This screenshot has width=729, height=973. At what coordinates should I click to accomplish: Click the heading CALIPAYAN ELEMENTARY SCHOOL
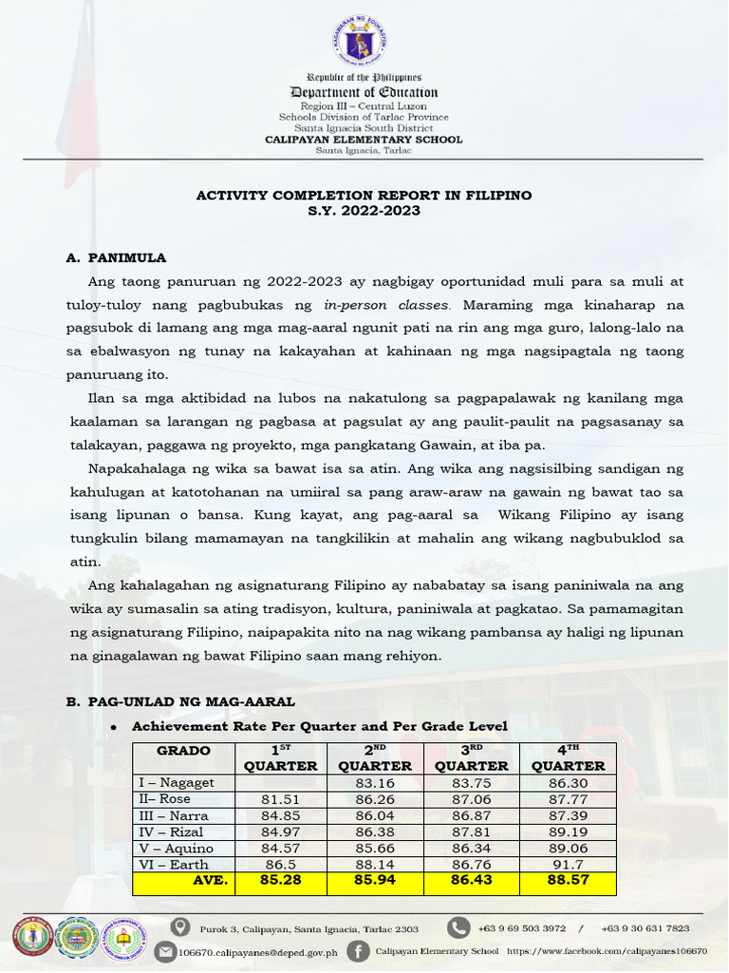pos(364,140)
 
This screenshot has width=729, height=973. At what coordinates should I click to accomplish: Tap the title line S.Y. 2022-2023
pos(364,211)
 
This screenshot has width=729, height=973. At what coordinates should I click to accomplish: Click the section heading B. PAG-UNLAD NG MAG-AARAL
pos(180,701)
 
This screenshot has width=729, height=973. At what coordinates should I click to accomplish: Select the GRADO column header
pos(182,751)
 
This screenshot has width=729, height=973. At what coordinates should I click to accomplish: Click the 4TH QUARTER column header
pos(568,758)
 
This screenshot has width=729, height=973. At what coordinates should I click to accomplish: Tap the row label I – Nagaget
pos(174,783)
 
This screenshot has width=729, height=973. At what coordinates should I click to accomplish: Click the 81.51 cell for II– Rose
pos(280,799)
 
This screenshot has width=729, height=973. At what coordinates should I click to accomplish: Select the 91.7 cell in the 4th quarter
pos(568,865)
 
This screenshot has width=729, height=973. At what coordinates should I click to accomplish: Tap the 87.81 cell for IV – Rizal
pos(472,832)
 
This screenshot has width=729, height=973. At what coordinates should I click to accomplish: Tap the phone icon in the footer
pos(458,927)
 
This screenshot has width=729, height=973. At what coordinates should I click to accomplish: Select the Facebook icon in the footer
pos(358,951)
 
